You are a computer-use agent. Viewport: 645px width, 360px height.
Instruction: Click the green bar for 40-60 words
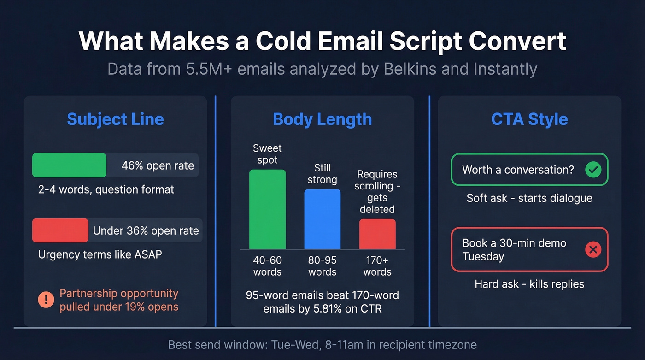click(267, 209)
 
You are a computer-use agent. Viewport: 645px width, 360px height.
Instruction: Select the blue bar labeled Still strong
click(322, 219)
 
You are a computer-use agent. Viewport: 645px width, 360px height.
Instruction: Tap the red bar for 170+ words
click(377, 234)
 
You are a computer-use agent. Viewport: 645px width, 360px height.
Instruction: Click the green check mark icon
click(593, 170)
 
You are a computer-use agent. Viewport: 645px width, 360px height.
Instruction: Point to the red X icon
click(593, 250)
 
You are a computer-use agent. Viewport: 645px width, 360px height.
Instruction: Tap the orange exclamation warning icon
click(46, 300)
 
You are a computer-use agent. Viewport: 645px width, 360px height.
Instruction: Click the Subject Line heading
click(115, 119)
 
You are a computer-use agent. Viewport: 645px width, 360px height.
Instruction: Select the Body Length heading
click(322, 119)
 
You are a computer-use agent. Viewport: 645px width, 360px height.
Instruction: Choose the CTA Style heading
click(529, 119)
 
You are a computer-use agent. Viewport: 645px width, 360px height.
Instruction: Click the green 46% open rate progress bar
click(69, 165)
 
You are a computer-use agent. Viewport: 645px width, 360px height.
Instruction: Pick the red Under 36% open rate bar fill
click(60, 230)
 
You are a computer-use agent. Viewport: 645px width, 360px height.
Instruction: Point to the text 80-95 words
click(322, 266)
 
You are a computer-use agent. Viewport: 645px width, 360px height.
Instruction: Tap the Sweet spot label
click(267, 154)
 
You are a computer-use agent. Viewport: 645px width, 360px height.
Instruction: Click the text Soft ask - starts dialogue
click(529, 198)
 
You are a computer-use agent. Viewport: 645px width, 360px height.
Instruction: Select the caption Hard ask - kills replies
click(529, 284)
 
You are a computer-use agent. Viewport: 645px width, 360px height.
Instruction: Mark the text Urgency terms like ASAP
click(100, 254)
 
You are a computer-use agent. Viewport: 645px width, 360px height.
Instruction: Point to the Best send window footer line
click(322, 345)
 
